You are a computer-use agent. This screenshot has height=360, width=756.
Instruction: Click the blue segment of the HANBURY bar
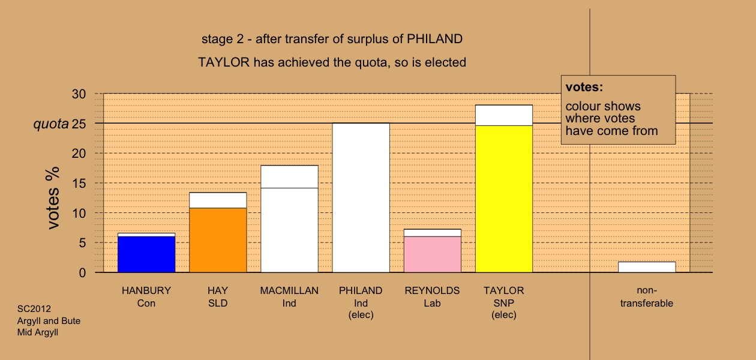[146, 254]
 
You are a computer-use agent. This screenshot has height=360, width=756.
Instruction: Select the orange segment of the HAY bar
[218, 240]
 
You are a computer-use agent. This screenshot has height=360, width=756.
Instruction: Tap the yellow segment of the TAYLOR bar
[504, 199]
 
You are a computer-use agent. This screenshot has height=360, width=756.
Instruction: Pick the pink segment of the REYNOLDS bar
[433, 254]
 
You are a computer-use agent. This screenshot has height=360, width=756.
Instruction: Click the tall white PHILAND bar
[361, 198]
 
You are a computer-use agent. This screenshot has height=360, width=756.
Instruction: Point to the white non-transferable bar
[647, 267]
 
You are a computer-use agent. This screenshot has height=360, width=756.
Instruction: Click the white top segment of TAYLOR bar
[504, 115]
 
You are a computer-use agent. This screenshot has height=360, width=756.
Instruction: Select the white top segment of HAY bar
[218, 200]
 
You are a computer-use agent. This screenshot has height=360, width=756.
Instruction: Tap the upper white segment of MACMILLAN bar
[289, 176]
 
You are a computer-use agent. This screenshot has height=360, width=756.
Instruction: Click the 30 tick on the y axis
[79, 94]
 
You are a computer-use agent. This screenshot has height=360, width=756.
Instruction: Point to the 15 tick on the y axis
[79, 183]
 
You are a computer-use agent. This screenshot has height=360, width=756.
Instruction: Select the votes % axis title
[53, 198]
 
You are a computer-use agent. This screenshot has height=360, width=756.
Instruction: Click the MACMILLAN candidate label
[289, 290]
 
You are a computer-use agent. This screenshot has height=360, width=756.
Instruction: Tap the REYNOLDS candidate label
[433, 290]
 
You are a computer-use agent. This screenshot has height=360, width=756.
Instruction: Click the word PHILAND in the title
[434, 39]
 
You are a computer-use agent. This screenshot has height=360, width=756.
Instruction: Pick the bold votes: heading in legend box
[584, 87]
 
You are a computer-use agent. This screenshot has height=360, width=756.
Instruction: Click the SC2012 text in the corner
[34, 309]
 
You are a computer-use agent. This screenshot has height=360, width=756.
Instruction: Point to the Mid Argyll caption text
[38, 332]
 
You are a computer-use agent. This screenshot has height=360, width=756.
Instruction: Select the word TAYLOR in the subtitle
[224, 62]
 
